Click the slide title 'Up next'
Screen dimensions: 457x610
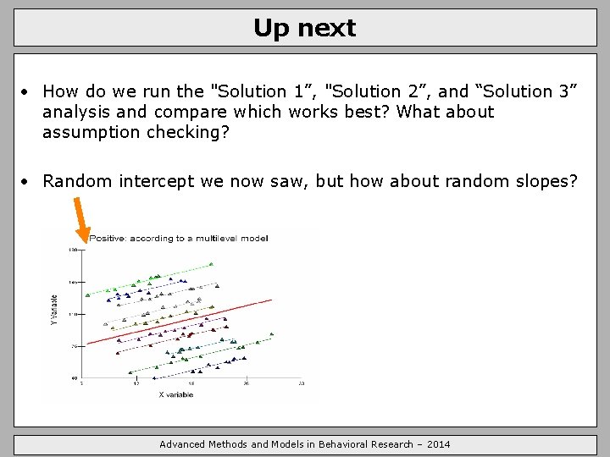(304, 28)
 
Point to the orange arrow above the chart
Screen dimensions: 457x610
(81, 216)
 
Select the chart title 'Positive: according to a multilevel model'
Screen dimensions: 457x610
(179, 238)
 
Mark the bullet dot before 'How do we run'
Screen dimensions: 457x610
(27, 91)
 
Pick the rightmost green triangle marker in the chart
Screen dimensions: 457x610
(272, 333)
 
